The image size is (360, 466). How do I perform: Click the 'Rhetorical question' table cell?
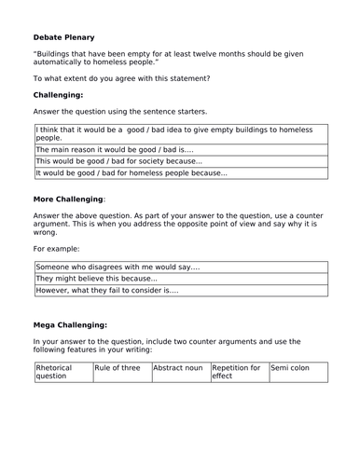pos(62,373)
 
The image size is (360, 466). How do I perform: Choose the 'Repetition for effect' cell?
pos(238,373)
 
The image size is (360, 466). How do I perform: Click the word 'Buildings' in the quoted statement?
pos(58,55)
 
